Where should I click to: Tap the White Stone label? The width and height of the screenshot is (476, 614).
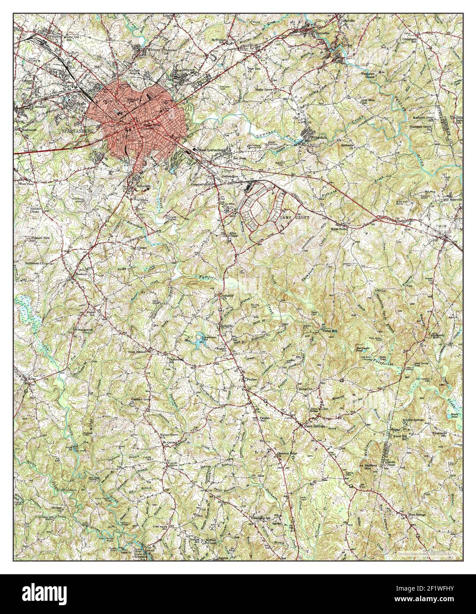(x=340, y=229)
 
